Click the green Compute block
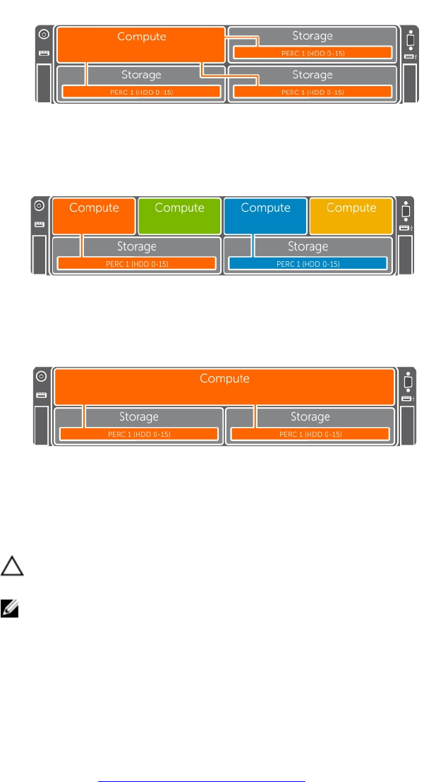179,215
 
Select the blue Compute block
265,215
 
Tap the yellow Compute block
351,215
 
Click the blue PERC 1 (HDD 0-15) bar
308,263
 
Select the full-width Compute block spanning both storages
224,386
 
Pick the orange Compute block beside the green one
93,215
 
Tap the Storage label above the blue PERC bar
308,246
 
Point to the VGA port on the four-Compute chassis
406,211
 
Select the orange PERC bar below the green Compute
136,263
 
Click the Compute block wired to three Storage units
141,44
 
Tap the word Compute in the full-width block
224,379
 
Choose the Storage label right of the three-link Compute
313,35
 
